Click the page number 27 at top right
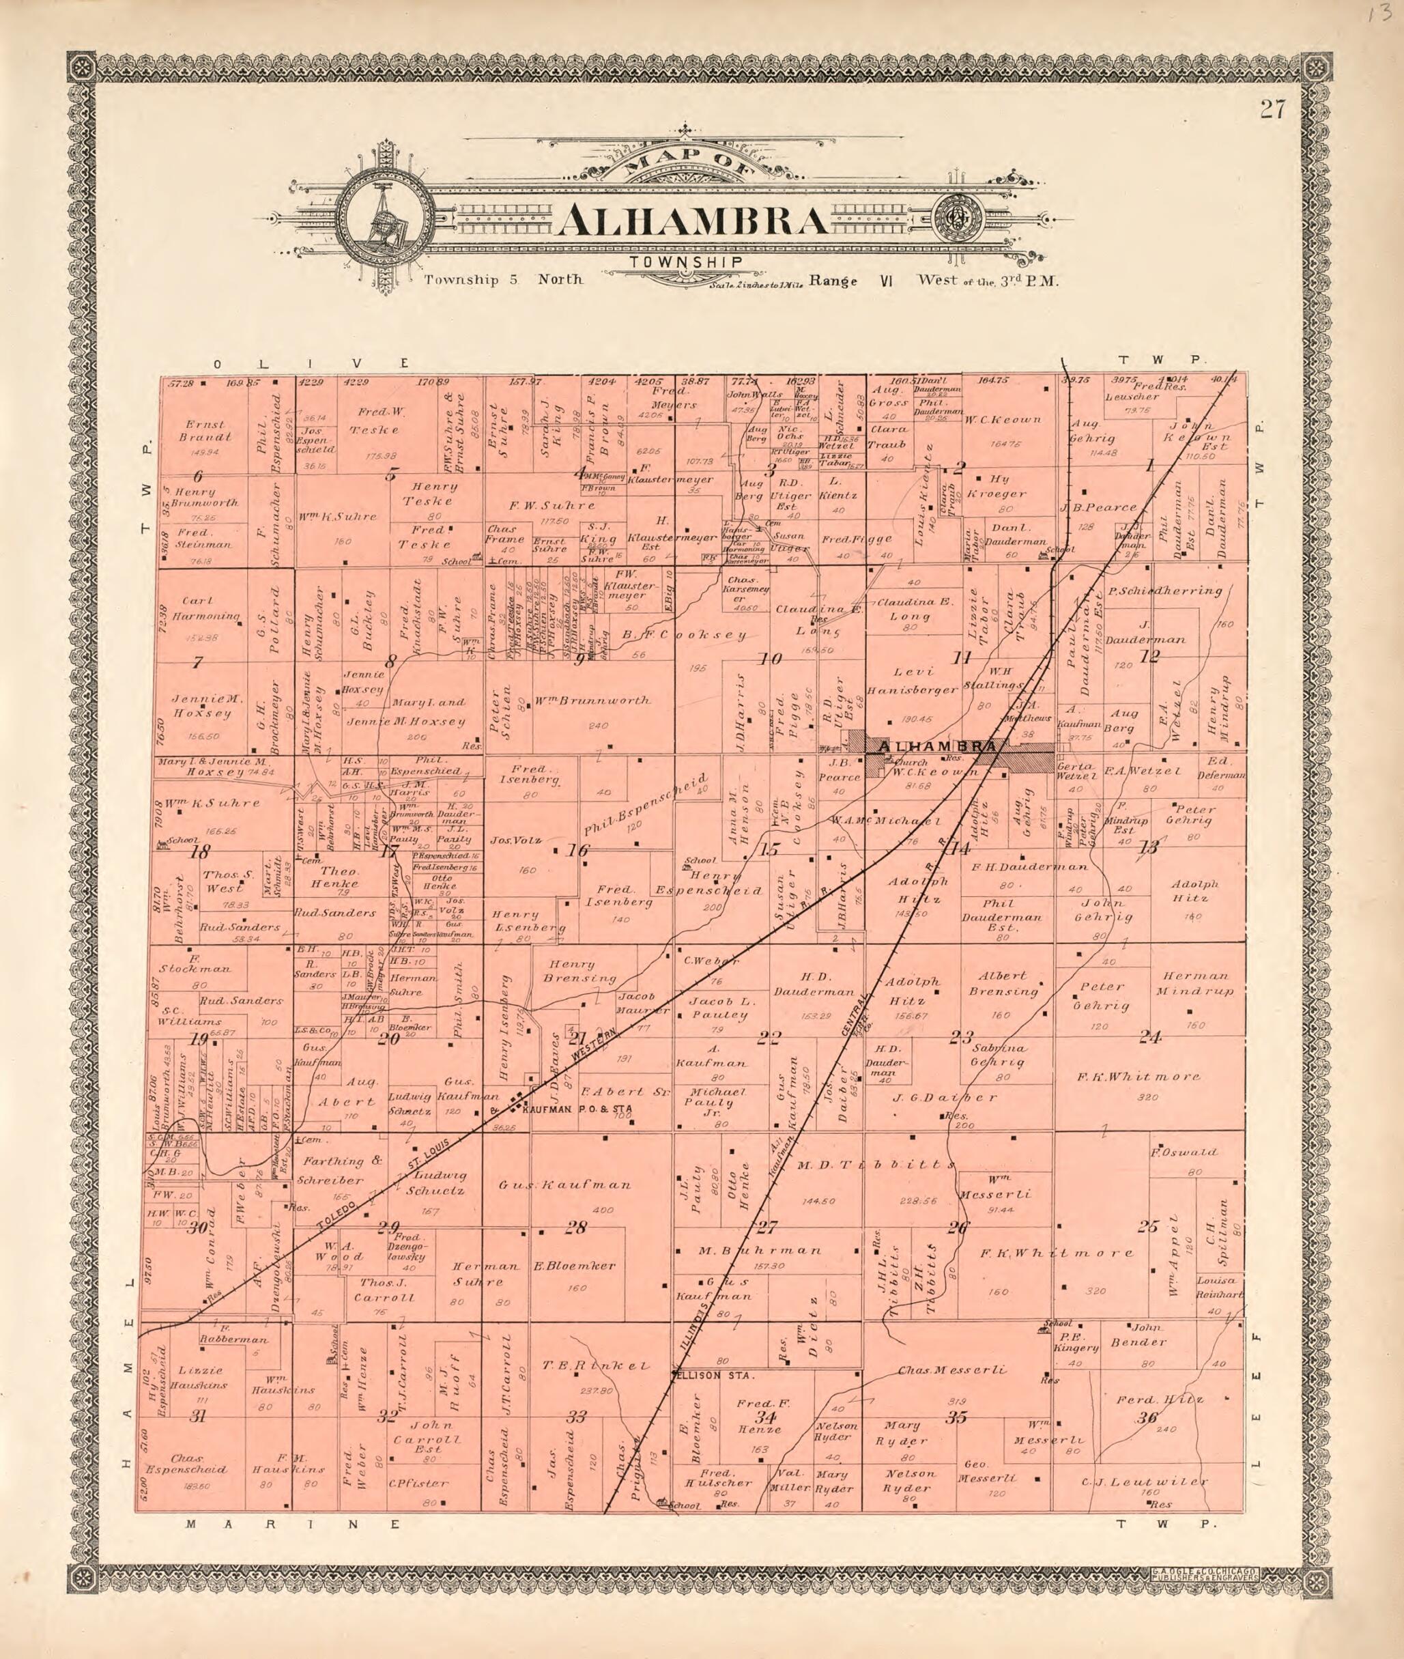point(1272,110)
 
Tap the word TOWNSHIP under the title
point(686,262)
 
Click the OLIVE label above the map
point(311,363)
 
